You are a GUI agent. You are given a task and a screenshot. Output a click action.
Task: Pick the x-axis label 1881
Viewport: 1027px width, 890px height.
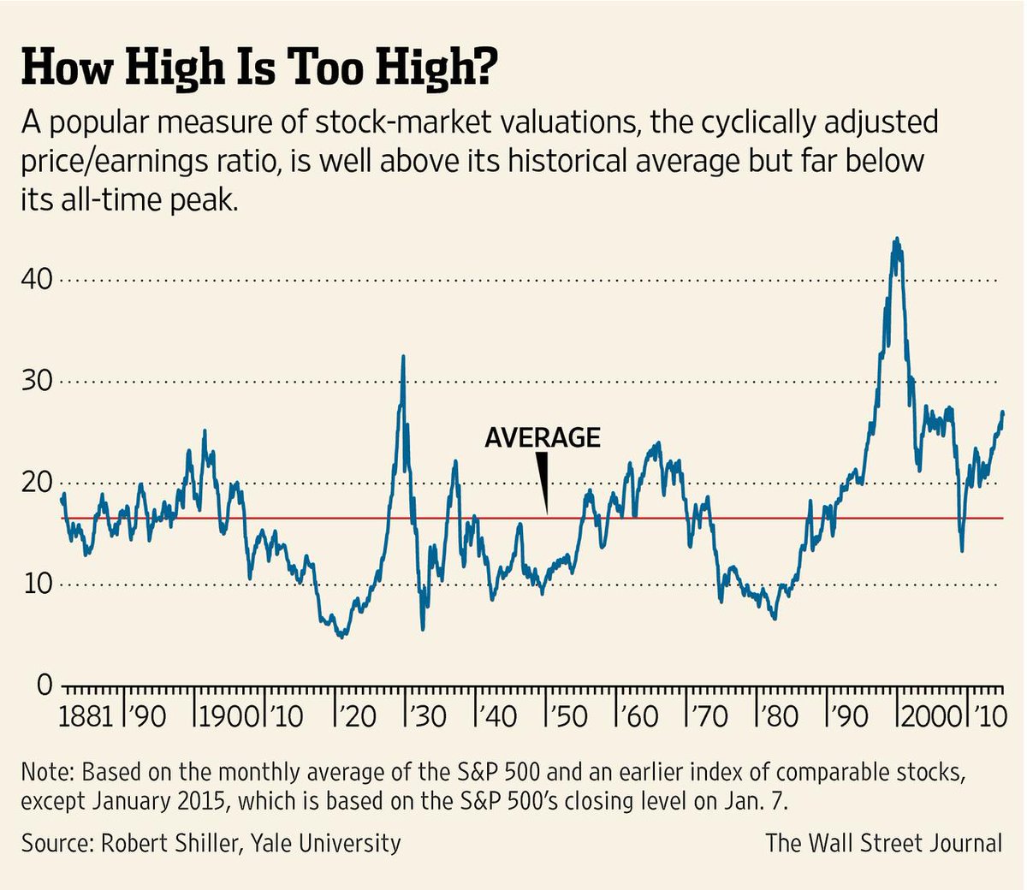[86, 715]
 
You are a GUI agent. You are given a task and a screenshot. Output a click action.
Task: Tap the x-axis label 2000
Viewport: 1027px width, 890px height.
[929, 715]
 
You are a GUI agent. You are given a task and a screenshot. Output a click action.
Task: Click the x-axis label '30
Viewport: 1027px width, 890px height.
[428, 715]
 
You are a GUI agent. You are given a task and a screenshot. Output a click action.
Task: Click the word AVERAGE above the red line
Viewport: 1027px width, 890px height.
[543, 437]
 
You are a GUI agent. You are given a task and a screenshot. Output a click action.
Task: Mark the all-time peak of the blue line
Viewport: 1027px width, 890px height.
[896, 240]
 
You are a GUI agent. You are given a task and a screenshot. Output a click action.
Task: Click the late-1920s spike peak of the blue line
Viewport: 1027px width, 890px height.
[403, 357]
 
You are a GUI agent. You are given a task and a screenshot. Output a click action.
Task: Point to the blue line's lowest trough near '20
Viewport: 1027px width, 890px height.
[342, 636]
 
